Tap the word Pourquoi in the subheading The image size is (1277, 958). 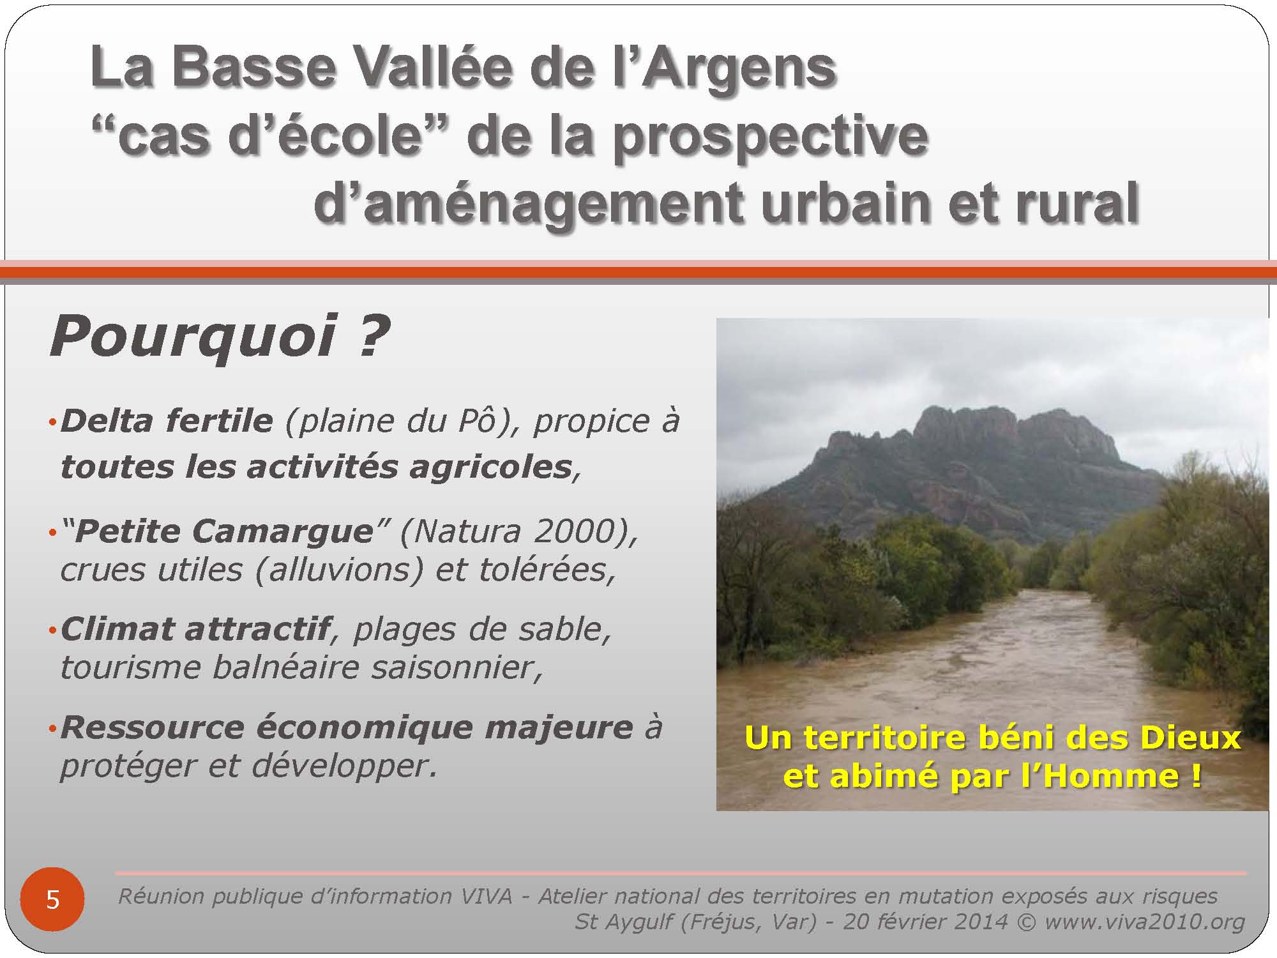tap(192, 337)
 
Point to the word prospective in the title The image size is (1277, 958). tap(770, 138)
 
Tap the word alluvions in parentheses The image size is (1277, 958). tap(339, 570)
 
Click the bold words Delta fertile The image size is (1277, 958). tap(167, 422)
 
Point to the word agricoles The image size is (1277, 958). tap(490, 468)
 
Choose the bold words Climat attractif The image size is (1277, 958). tap(195, 630)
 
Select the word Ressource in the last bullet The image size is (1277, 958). tap(153, 728)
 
